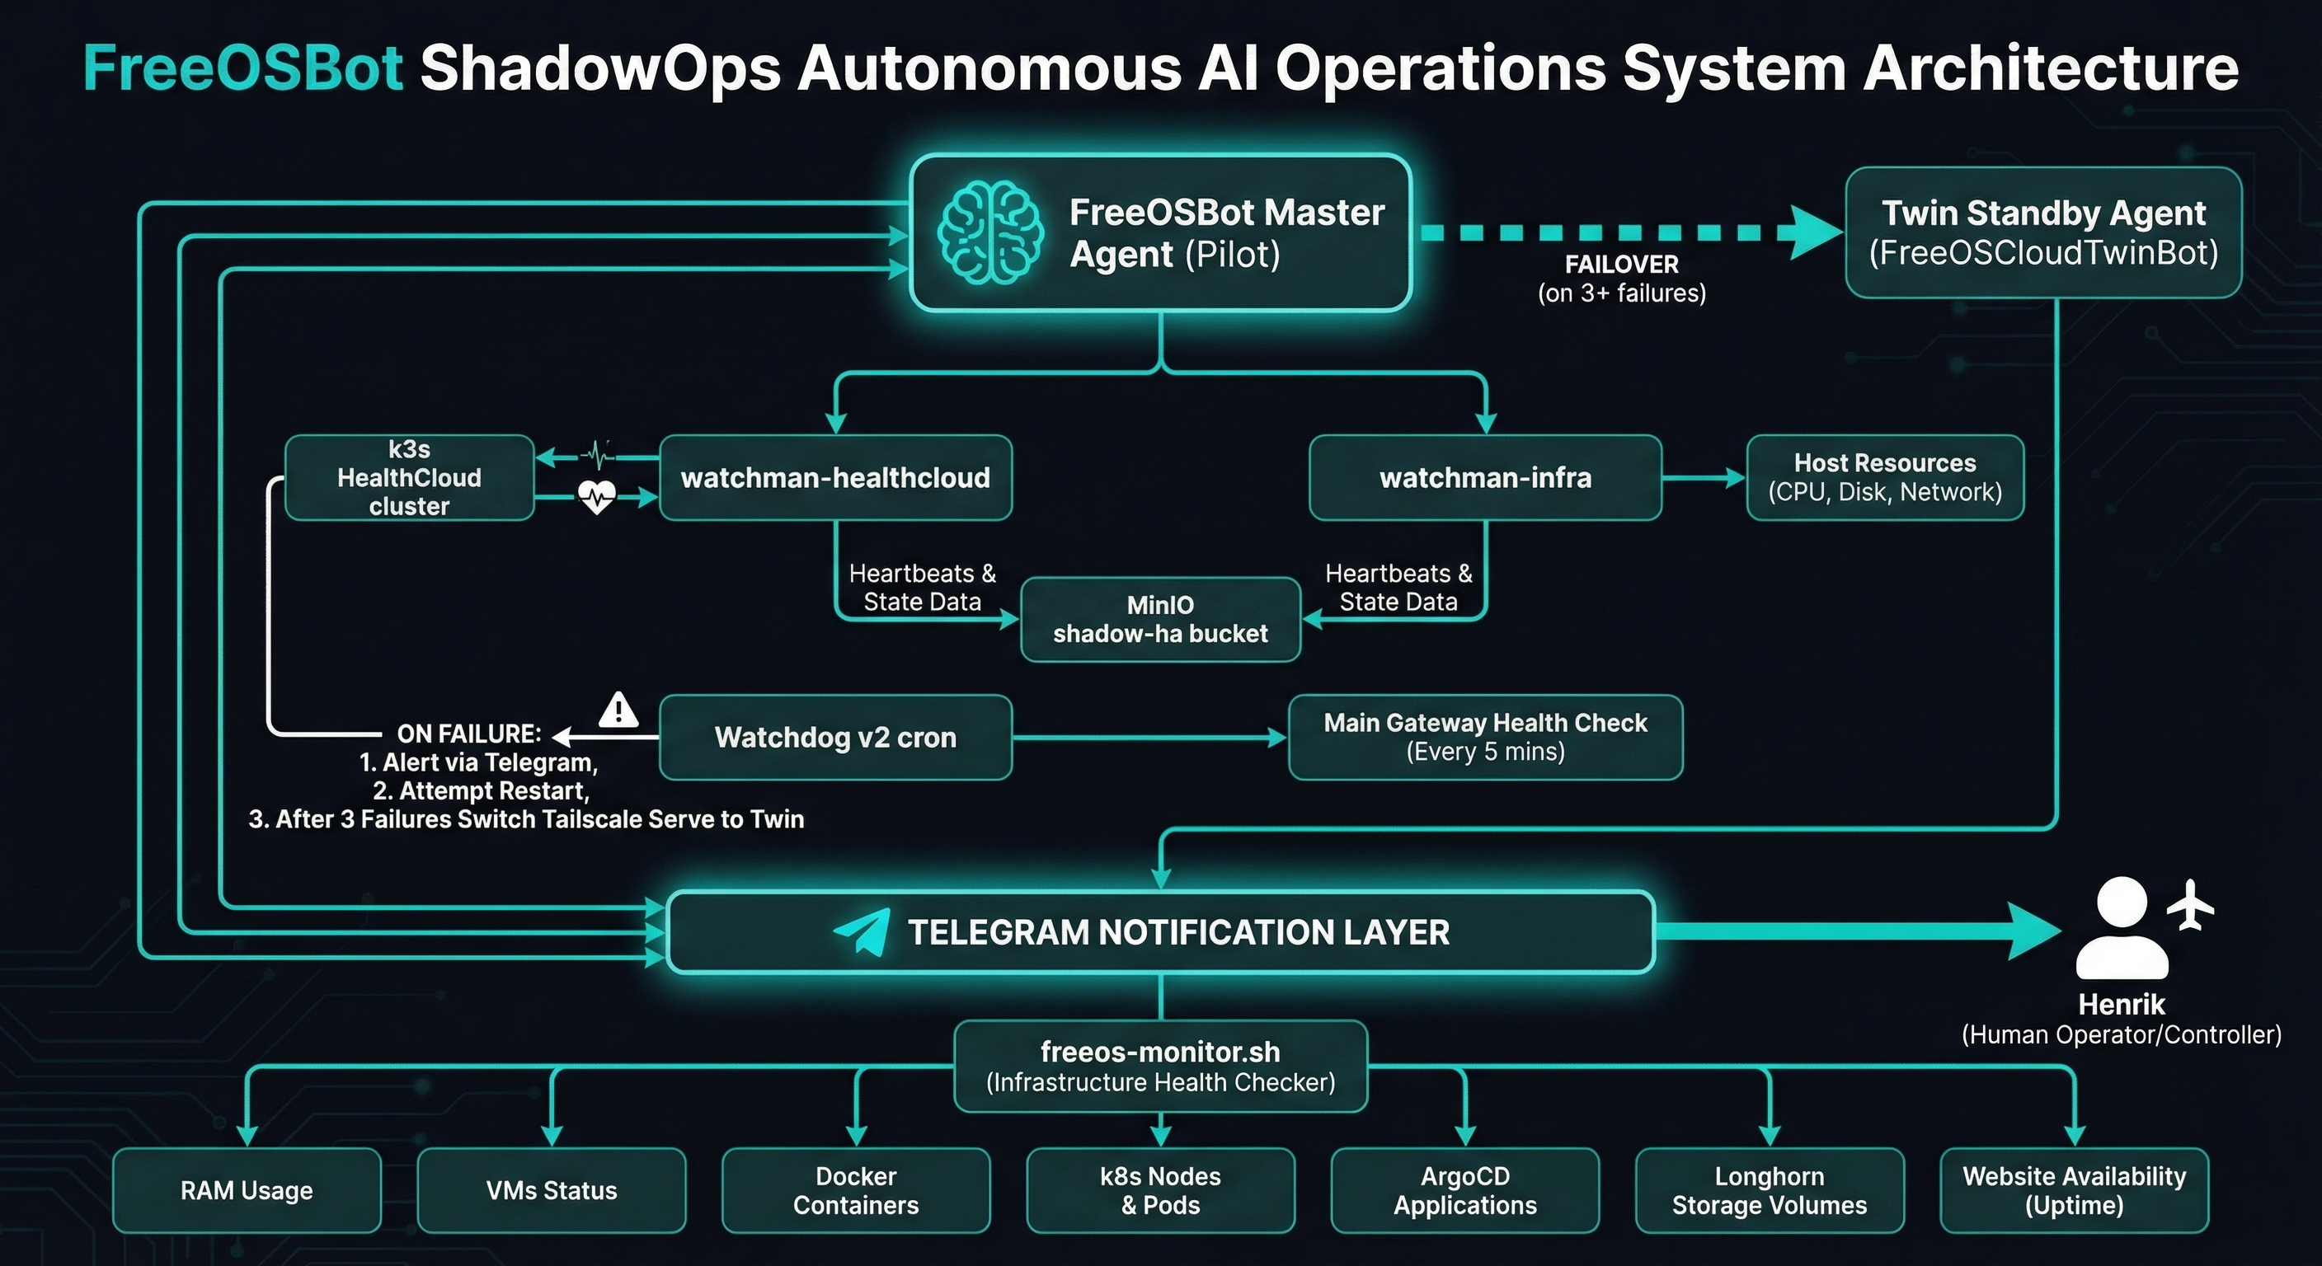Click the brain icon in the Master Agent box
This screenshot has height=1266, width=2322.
[989, 232]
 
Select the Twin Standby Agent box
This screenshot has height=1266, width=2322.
[2042, 232]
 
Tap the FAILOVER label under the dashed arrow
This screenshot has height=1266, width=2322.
[1621, 264]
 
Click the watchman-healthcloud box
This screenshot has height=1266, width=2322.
[834, 477]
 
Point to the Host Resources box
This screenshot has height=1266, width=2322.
[1884, 477]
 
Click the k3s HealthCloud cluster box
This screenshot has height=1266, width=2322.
[409, 477]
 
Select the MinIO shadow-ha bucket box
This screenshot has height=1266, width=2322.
[1160, 620]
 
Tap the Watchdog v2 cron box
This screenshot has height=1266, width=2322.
[834, 737]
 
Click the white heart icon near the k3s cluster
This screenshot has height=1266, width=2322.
[597, 496]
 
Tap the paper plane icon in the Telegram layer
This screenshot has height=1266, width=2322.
[862, 931]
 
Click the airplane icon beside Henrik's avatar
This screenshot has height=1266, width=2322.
[2190, 905]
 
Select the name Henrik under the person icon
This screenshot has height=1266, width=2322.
[2121, 1004]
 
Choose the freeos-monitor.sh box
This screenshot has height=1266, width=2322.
[1160, 1066]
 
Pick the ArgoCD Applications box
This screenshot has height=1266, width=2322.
[1464, 1190]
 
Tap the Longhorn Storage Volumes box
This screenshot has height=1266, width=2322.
[1769, 1190]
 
